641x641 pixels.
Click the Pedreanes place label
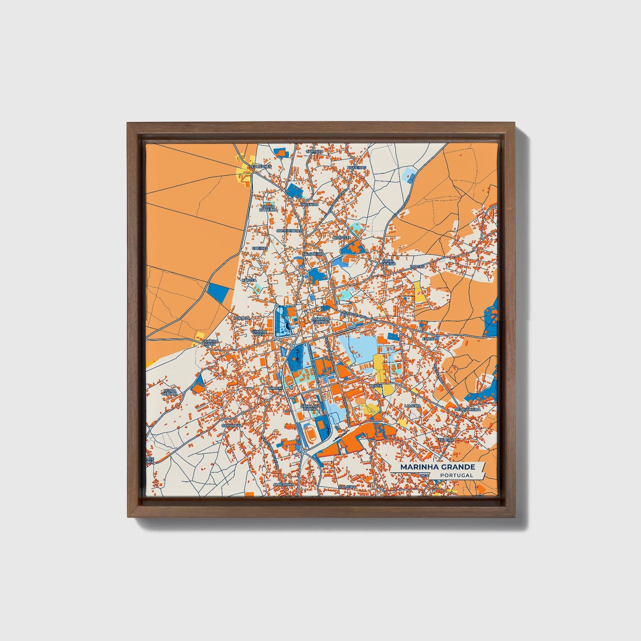tap(257, 167)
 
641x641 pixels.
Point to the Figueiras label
tap(357, 167)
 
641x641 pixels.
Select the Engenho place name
tap(309, 204)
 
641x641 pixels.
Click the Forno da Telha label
tap(268, 208)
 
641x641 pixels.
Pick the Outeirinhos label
tap(289, 231)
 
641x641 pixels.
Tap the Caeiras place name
tap(260, 248)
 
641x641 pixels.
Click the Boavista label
tap(342, 238)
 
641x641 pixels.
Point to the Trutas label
tap(417, 267)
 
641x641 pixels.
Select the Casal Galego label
tap(388, 263)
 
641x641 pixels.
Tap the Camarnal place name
tap(232, 425)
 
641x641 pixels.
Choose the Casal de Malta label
tap(310, 407)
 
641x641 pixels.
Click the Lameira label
tap(412, 405)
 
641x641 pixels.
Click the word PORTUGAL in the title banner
tap(457, 475)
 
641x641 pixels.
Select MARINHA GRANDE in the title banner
tap(437, 467)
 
